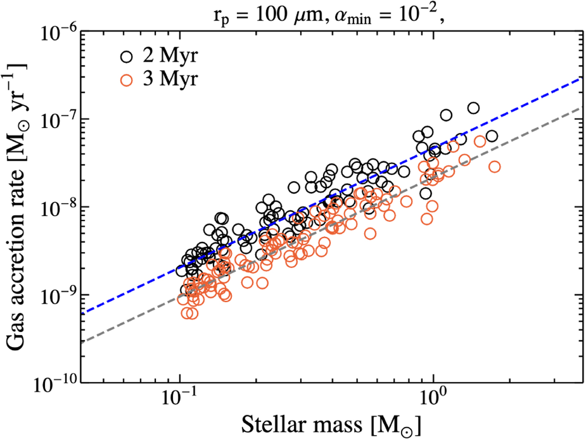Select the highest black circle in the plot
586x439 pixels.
coord(473,108)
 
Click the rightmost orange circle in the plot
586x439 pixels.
coord(495,167)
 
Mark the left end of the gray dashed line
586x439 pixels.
coord(82,342)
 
